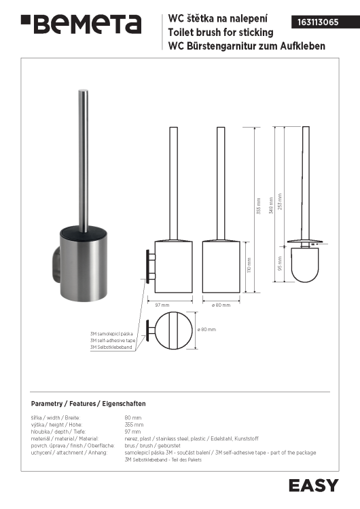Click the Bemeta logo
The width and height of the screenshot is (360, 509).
[x=82, y=24]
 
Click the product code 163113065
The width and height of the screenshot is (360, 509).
[x=318, y=22]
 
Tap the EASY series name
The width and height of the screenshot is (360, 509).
[x=314, y=486]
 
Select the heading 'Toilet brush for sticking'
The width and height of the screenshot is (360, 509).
[x=221, y=32]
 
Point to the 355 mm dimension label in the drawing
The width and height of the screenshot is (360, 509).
[x=259, y=206]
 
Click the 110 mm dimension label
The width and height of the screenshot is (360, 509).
[x=249, y=265]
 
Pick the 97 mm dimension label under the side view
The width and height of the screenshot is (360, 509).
[x=162, y=305]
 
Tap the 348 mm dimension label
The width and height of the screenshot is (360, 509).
[x=271, y=206]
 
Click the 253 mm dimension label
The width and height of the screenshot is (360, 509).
[x=280, y=202]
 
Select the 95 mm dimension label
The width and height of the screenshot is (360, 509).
[x=280, y=263]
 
